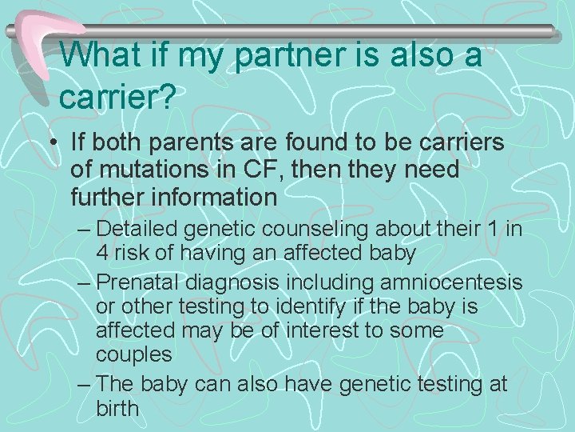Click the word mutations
[x=147, y=170]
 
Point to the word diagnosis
[x=244, y=283]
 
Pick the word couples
[x=133, y=353]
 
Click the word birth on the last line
[x=117, y=409]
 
